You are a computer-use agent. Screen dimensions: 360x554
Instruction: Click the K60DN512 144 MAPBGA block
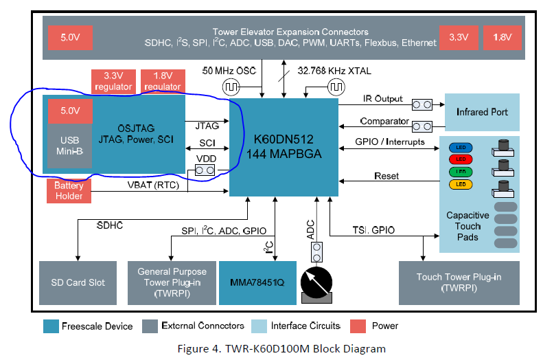coord(284,146)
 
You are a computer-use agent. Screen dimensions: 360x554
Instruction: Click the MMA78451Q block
coord(257,282)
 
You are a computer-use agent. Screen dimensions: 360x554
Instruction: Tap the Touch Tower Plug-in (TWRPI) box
coord(459,282)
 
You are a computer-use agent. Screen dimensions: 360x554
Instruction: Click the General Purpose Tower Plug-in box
coord(168,282)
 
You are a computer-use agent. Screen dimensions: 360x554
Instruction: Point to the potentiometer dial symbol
coord(316,282)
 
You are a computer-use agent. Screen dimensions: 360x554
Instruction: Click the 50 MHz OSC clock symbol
coord(230,87)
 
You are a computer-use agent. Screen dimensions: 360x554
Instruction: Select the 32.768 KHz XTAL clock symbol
coord(336,87)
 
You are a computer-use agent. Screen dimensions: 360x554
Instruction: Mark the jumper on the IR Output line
coord(421,104)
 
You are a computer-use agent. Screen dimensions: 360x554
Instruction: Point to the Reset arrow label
coord(386,177)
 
